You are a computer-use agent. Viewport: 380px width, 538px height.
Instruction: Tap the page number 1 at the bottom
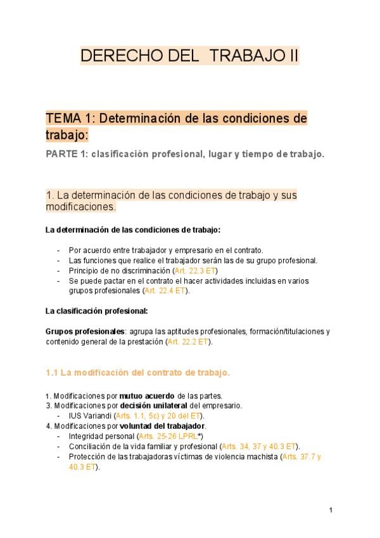tap(331, 510)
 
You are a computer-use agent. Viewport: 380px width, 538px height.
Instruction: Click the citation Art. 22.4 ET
tap(167, 291)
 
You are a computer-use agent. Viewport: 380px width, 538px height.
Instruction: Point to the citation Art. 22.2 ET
tap(189, 341)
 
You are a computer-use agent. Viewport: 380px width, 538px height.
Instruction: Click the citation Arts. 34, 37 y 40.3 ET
tap(261, 447)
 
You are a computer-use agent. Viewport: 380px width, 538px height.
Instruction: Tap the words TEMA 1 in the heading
tap(63, 119)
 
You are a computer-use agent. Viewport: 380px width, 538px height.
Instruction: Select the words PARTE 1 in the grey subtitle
tap(65, 154)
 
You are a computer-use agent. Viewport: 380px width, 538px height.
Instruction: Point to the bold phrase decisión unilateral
tap(153, 405)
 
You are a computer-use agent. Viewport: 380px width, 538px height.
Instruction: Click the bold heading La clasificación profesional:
tap(97, 311)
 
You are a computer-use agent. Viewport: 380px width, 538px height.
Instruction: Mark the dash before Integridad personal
tap(59, 436)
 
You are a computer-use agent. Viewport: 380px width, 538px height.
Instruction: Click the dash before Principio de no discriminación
tap(59, 270)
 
